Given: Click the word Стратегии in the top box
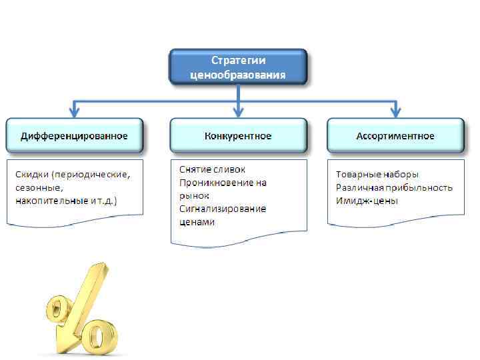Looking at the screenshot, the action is pyautogui.click(x=238, y=61).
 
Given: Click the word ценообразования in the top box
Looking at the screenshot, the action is pyautogui.click(x=238, y=75).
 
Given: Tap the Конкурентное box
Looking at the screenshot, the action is pyautogui.click(x=238, y=136).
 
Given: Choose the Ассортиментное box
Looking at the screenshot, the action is pyautogui.click(x=395, y=136).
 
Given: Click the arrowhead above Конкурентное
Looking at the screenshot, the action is pyautogui.click(x=238, y=112).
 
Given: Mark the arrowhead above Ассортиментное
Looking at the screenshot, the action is pyautogui.click(x=395, y=112).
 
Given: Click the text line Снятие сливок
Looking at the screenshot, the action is pyautogui.click(x=213, y=169).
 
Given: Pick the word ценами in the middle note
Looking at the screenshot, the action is pyautogui.click(x=197, y=222).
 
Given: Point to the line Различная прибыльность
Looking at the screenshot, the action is pyautogui.click(x=395, y=187).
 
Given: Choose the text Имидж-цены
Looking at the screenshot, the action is pyautogui.click(x=367, y=201).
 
